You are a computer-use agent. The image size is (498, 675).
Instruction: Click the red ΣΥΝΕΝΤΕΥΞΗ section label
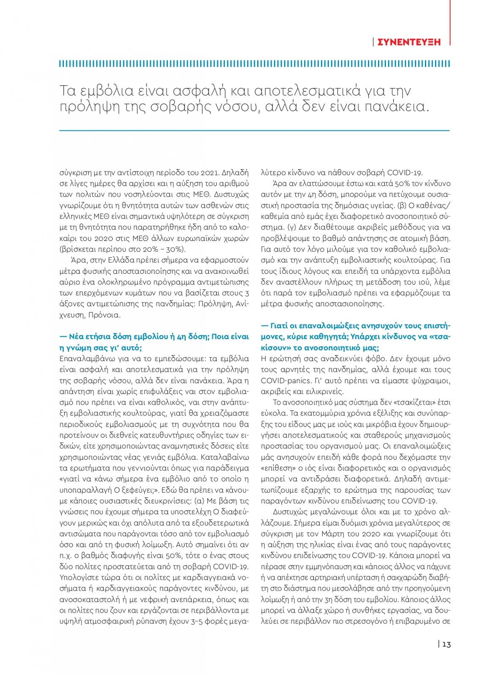click(408, 42)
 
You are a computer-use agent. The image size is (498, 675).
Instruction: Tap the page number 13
click(446, 644)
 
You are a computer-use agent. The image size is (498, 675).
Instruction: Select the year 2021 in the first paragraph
click(208, 173)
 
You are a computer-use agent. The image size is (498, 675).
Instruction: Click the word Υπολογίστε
click(79, 578)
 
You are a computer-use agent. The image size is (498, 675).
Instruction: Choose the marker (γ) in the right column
click(291, 227)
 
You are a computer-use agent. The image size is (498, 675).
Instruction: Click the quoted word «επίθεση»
click(277, 468)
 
